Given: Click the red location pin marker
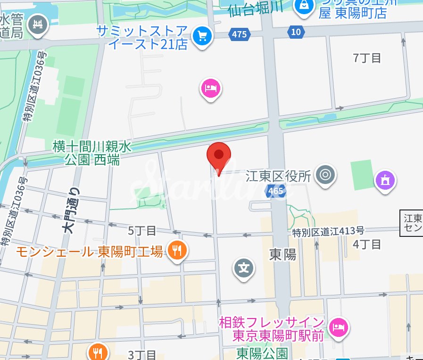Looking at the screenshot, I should pyautogui.click(x=219, y=155).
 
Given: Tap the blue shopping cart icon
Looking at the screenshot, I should pyautogui.click(x=203, y=35).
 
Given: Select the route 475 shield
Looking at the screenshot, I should pyautogui.click(x=240, y=34).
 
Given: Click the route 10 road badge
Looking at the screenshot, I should pyautogui.click(x=296, y=32).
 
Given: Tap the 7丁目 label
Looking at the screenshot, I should pyautogui.click(x=367, y=58).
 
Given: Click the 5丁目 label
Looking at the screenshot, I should pyautogui.click(x=142, y=231).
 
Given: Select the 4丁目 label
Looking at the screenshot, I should pyautogui.click(x=367, y=244).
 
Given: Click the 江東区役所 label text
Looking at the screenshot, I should pyautogui.click(x=279, y=176).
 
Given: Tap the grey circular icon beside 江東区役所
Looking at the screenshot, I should pyautogui.click(x=325, y=174).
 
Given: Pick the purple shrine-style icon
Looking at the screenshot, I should pyautogui.click(x=385, y=180).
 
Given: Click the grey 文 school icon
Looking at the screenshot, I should pyautogui.click(x=244, y=268).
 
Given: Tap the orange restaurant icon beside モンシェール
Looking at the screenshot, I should pyautogui.click(x=177, y=250).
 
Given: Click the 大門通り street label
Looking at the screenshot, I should pyautogui.click(x=71, y=210).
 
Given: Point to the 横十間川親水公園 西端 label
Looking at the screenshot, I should pyautogui.click(x=92, y=153).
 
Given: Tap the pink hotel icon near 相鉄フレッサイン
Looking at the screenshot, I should pyautogui.click(x=338, y=326).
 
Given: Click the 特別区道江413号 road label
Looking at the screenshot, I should pyautogui.click(x=328, y=232).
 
